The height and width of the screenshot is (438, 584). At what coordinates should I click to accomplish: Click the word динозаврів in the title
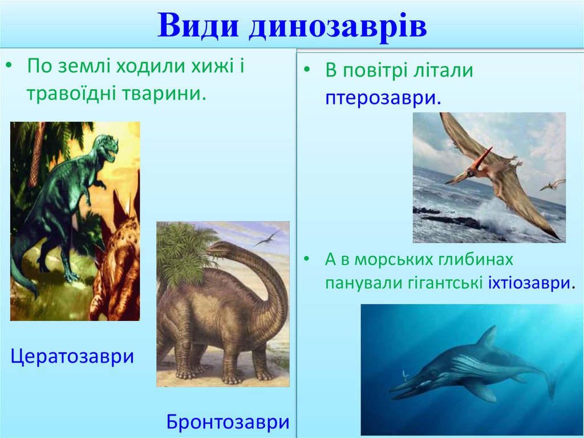click(x=338, y=26)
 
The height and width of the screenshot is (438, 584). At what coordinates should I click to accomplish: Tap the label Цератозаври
click(x=72, y=356)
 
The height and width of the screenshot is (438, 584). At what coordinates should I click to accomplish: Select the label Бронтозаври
click(x=228, y=422)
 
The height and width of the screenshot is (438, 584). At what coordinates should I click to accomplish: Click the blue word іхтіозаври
click(x=529, y=283)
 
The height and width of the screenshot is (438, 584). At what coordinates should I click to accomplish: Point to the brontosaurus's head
click(x=216, y=248)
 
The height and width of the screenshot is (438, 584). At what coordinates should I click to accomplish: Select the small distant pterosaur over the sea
click(x=553, y=184)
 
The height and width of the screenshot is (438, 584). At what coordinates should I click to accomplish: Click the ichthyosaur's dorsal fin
click(x=488, y=337)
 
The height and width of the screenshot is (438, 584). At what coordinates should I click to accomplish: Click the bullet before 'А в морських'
click(x=306, y=259)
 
